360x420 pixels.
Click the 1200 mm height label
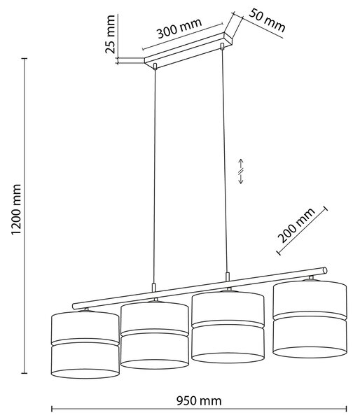(x=16, y=209)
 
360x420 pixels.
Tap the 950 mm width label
(x=199, y=401)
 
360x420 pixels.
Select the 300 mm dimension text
(x=179, y=29)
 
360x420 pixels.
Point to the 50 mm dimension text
(x=267, y=20)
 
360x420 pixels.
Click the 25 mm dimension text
(x=110, y=34)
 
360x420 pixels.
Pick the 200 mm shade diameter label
(x=296, y=225)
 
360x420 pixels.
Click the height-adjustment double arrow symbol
(x=241, y=171)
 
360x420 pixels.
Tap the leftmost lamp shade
(x=85, y=344)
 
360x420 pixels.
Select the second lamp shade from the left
(x=155, y=335)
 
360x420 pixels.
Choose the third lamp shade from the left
(x=228, y=326)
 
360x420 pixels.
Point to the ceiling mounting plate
(x=188, y=49)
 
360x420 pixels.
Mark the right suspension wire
(x=225, y=161)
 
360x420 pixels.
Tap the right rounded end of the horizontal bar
(x=325, y=270)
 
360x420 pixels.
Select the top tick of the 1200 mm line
(x=25, y=58)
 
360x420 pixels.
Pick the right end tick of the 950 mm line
(x=347, y=409)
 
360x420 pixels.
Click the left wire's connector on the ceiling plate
(x=155, y=66)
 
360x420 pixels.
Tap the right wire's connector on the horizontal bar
(x=228, y=277)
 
